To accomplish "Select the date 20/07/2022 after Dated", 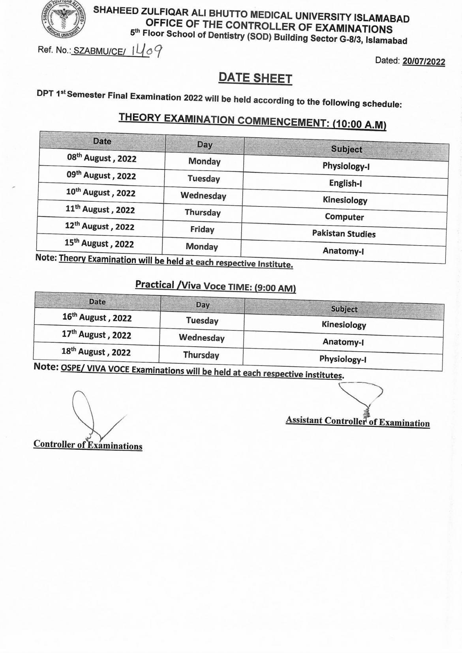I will click(423, 62).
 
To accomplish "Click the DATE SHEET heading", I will click(255, 78).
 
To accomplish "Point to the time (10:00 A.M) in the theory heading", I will click(359, 124).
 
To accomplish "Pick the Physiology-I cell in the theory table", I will click(346, 166).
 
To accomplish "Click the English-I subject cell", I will click(346, 183).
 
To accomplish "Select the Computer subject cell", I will click(344, 217).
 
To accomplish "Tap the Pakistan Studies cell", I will click(344, 234).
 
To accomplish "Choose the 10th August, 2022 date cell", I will click(101, 193).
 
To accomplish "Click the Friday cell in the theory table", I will click(202, 229).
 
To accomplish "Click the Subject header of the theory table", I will click(346, 149).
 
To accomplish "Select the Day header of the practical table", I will click(203, 305).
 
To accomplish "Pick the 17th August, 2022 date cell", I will click(96, 335).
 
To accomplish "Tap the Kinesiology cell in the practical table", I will click(344, 325).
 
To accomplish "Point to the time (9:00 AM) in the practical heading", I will click(274, 288).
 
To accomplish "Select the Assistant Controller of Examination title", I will click(357, 421).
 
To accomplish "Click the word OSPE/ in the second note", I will click(73, 368).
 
